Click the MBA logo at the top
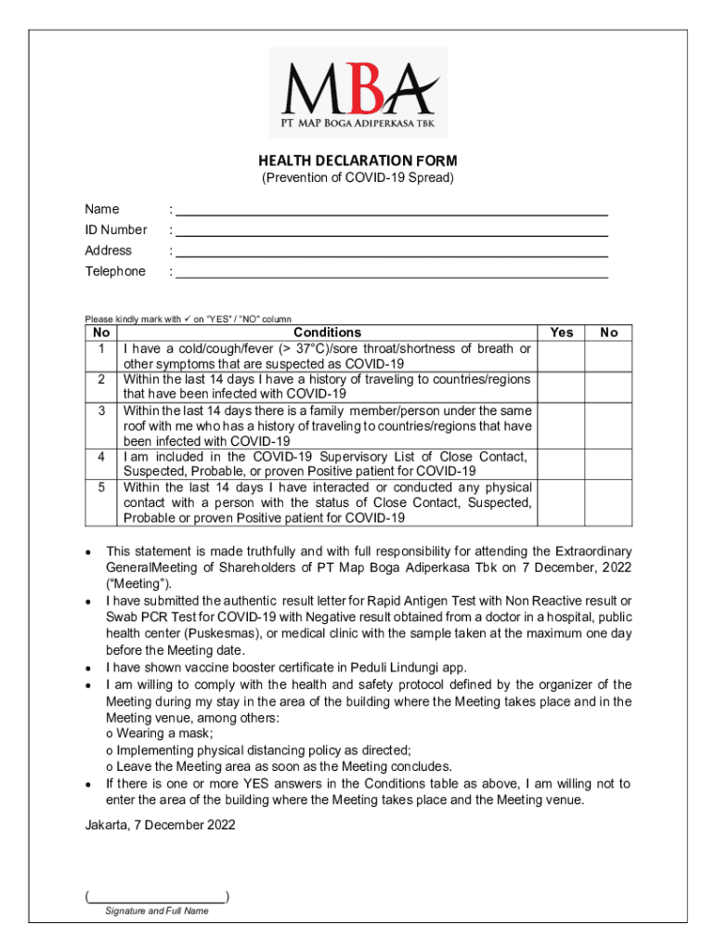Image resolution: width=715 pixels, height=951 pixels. click(x=357, y=91)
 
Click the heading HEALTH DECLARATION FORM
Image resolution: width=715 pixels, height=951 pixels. click(x=357, y=161)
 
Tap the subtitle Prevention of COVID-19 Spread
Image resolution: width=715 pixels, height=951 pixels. click(x=357, y=177)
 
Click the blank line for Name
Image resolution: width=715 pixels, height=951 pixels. click(x=391, y=210)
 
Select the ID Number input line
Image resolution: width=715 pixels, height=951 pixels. click(x=391, y=230)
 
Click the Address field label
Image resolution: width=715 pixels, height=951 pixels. click(x=109, y=251)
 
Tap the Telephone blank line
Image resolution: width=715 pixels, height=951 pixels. click(x=391, y=272)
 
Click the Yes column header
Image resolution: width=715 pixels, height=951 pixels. click(x=562, y=332)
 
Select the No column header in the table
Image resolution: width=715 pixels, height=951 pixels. click(x=609, y=332)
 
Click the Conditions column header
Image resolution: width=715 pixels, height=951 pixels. click(x=327, y=332)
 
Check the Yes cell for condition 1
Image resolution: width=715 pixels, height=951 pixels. click(x=562, y=356)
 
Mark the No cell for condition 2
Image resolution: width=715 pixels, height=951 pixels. click(x=609, y=386)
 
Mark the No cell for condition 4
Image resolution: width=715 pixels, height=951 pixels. click(x=609, y=463)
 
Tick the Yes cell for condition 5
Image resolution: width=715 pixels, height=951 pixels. click(x=562, y=502)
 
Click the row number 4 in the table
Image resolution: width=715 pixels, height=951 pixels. click(x=100, y=457)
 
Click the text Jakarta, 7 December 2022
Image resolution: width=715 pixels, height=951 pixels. click(x=160, y=824)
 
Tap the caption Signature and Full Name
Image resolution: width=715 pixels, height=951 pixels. click(x=157, y=911)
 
